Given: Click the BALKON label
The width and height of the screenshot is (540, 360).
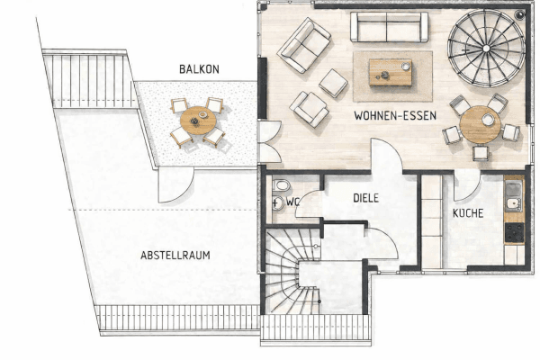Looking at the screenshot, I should pyautogui.click(x=198, y=69).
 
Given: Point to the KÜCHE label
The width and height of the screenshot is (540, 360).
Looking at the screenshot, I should pyautogui.click(x=468, y=213).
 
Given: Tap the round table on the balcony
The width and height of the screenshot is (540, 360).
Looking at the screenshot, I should pyautogui.click(x=197, y=120).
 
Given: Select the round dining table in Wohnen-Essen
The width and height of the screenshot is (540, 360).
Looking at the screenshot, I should pyautogui.click(x=480, y=125).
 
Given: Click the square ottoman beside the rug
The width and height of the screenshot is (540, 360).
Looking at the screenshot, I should pyautogui.click(x=333, y=83).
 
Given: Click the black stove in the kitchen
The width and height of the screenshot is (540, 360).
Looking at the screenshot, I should pyautogui.click(x=514, y=232).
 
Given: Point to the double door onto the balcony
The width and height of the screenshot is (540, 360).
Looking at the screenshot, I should pyautogui.click(x=268, y=141).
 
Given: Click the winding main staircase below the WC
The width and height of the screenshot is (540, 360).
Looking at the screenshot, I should pyautogui.click(x=292, y=274).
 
